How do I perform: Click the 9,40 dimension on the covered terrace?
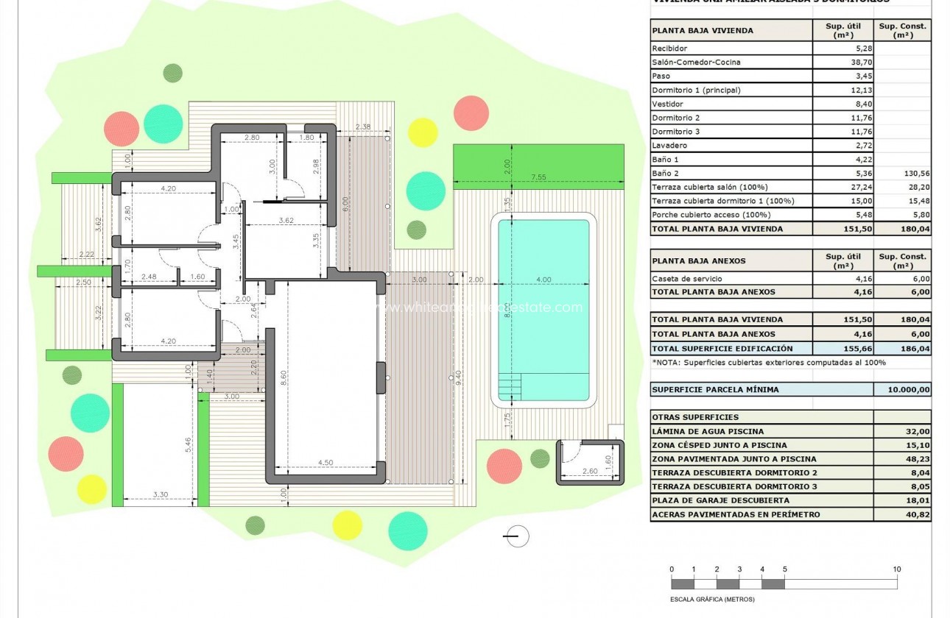click(x=458, y=377)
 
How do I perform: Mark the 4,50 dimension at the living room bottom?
click(x=326, y=463)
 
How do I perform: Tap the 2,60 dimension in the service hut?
click(x=590, y=471)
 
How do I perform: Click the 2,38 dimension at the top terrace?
click(x=363, y=127)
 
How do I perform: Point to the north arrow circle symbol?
click(x=518, y=536)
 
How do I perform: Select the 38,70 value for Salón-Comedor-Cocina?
click(x=843, y=63)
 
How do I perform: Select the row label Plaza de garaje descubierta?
click(x=710, y=501)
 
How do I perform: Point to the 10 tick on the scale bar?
click(x=896, y=569)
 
